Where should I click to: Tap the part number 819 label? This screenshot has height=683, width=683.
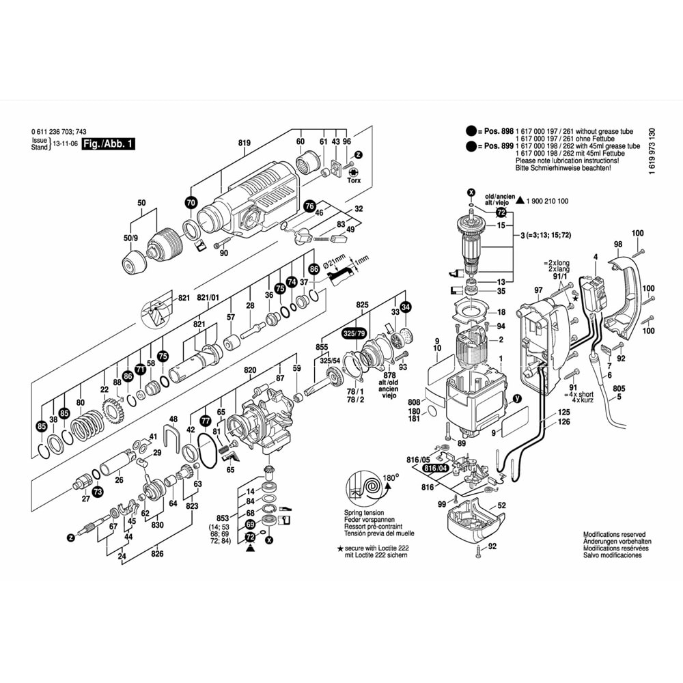pos(245,142)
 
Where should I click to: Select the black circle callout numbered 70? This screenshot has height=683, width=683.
pos(191,202)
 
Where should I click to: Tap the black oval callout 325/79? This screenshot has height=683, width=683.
pos(354,335)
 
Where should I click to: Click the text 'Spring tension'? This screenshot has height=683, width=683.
pos(364,512)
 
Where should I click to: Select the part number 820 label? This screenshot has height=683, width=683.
pos(250,370)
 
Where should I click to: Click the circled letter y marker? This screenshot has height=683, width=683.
pos(516,398)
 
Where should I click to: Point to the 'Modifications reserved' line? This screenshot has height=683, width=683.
pos(614,535)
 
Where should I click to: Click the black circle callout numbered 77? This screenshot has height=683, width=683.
pos(204,421)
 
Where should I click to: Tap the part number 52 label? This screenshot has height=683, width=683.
pos(502,505)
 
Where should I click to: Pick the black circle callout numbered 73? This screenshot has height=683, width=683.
pos(97,491)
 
